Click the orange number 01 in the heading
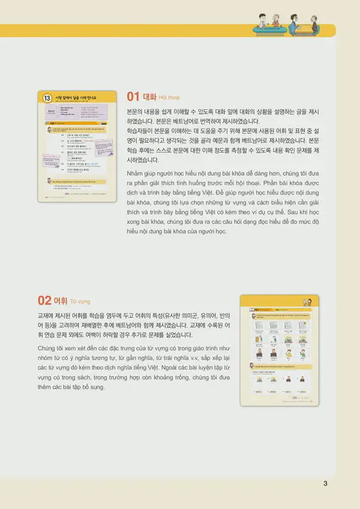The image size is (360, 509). click(x=134, y=96)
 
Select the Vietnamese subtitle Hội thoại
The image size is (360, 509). click(x=170, y=98)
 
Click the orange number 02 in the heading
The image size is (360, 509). click(x=44, y=301)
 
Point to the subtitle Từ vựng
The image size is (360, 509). click(x=80, y=301)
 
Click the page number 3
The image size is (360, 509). click(x=325, y=483)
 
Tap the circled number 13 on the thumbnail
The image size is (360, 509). click(x=47, y=98)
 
